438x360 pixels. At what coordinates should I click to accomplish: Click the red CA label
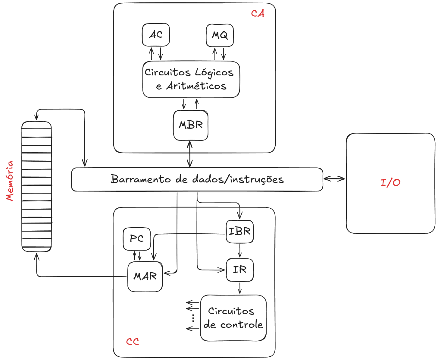point(258,14)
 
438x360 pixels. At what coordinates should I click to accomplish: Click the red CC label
point(133,341)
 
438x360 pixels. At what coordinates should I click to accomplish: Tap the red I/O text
point(390,183)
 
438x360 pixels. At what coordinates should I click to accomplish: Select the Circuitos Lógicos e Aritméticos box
point(191,80)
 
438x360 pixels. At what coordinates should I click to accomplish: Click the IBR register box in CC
point(240,232)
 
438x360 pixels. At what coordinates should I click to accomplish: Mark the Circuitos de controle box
point(234,318)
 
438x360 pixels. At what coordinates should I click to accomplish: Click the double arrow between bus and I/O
point(334,179)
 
